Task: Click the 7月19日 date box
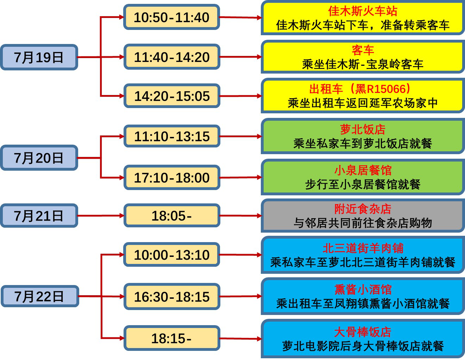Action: point(39,57)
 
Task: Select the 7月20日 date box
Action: point(39,158)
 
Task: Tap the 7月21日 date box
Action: point(39,215)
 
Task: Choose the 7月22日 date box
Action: point(39,296)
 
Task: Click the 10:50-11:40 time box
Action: point(171,17)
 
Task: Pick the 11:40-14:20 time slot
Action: point(171,57)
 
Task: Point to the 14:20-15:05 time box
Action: point(171,96)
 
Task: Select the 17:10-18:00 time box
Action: point(171,178)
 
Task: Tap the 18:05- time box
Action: point(171,216)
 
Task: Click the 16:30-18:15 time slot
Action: point(171,297)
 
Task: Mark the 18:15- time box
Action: point(171,338)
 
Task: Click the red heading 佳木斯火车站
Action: point(363,11)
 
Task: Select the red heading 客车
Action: point(363,50)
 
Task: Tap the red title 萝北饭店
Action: point(363,129)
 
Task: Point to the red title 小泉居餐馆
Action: point(363,170)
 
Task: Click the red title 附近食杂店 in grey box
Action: point(363,209)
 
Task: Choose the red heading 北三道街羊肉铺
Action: point(363,248)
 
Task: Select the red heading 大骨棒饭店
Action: point(363,332)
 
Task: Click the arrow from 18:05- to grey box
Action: point(241,216)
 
